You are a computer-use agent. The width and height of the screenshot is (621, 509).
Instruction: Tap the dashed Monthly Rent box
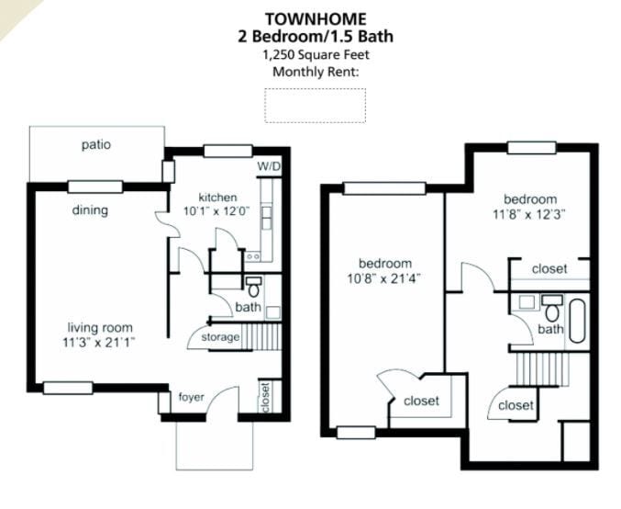[315, 105]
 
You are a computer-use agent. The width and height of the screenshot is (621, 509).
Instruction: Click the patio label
[96, 144]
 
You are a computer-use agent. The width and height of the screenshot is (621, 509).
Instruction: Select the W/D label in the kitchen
[268, 166]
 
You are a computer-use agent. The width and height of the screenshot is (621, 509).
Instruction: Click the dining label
[90, 210]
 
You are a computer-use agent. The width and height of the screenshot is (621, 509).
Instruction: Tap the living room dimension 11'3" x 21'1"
[99, 344]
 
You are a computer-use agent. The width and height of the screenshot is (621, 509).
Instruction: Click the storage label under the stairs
[220, 337]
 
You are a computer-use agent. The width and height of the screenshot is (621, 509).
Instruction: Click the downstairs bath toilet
[254, 285]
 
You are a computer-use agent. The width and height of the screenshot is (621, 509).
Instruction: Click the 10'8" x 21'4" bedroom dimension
[384, 277]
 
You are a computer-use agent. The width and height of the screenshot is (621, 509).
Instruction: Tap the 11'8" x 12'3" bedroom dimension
[529, 215]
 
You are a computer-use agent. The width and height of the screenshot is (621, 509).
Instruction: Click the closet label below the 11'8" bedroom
[549, 269]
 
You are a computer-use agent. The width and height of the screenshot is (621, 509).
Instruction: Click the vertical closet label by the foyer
[264, 397]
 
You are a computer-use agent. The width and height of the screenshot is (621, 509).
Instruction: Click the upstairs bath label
[550, 329]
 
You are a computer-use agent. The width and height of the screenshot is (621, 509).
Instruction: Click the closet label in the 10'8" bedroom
[421, 401]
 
